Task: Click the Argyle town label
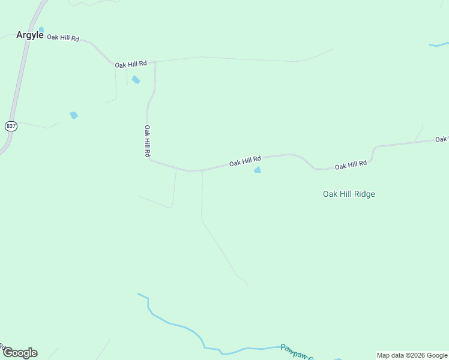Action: (29, 35)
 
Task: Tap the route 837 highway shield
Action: (11, 126)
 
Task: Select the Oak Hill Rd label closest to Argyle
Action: (63, 38)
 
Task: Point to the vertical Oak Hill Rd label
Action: (146, 141)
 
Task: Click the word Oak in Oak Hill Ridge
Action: (331, 194)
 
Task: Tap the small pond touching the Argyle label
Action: (41, 29)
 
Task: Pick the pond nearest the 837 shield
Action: (74, 115)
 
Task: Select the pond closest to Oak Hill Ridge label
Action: (258, 170)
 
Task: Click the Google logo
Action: (20, 353)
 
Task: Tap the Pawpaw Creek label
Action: (298, 352)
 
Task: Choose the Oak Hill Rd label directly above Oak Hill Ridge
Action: (351, 164)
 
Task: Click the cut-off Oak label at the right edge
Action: (442, 139)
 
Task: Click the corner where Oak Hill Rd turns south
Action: (155, 62)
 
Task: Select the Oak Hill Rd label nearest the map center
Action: (245, 161)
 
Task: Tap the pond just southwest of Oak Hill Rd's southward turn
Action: (136, 80)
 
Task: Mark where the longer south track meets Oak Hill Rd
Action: (202, 170)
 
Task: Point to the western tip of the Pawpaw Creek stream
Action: (138, 294)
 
